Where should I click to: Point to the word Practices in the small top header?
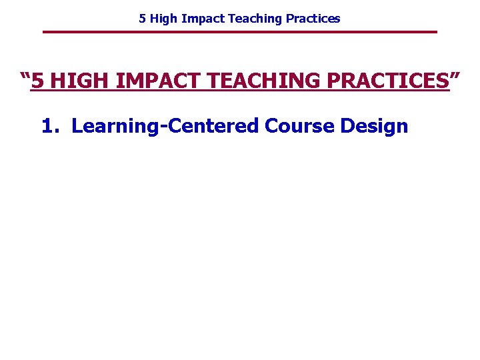coord(313,19)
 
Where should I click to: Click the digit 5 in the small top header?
coord(142,19)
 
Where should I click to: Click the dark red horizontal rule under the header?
coord(240,32)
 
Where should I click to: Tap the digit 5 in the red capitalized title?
coord(39,82)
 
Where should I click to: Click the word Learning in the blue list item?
coord(111,125)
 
